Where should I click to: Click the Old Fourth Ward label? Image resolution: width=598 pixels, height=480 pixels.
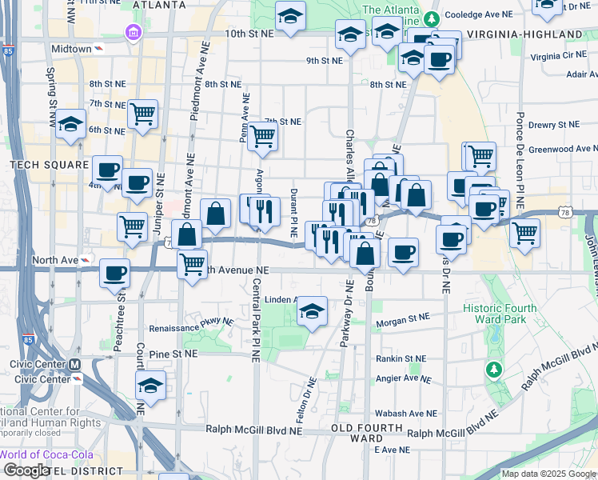(x=367, y=433)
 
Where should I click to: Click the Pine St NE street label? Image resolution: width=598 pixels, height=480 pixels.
(x=173, y=353)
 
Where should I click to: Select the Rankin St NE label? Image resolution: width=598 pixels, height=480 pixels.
(x=401, y=358)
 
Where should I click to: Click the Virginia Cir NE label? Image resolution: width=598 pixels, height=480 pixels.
(x=557, y=57)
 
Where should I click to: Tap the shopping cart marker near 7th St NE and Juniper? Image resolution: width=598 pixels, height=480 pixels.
(x=142, y=113)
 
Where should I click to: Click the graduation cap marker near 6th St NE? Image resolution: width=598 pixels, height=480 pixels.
(x=71, y=124)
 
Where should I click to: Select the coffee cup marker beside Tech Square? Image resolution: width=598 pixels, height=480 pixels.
(x=107, y=170)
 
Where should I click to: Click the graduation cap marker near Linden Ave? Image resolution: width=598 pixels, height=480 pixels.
(x=312, y=310)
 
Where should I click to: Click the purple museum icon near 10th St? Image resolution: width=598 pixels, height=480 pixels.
(x=131, y=33)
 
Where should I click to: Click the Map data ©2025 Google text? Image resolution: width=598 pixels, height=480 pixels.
(x=548, y=474)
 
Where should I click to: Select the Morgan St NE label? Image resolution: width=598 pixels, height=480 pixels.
(x=403, y=317)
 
